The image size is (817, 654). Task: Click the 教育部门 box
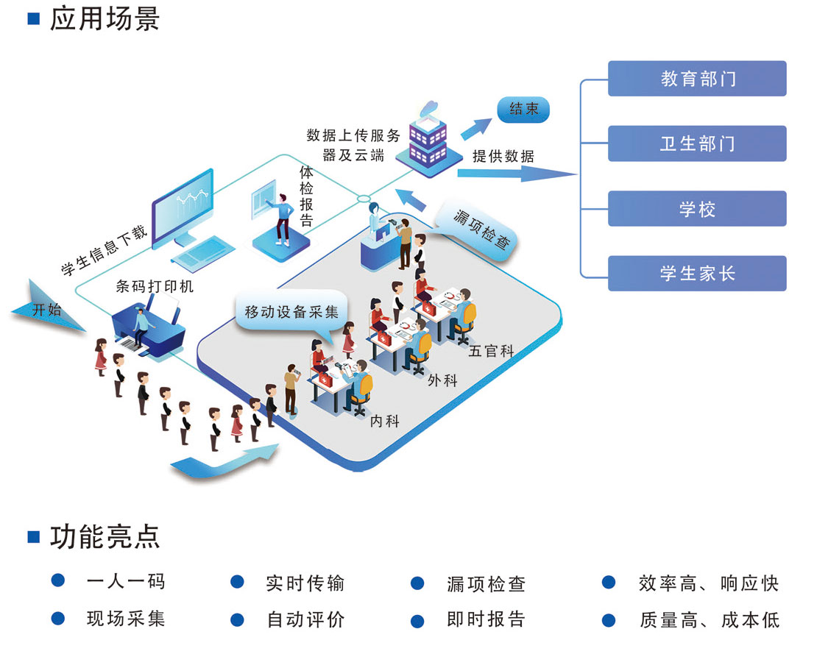pos(697,79)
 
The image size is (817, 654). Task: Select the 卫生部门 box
pos(697,143)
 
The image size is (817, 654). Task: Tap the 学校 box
pos(697,209)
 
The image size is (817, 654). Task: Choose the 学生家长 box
pos(697,274)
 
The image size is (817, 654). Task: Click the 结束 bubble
pos(523,110)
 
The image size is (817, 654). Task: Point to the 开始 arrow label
pos(46,310)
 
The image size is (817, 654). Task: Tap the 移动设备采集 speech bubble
pos(291,311)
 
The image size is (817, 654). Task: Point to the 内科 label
pos(384,421)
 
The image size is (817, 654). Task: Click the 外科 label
pos(442,380)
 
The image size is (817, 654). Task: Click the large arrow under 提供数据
pos(515,174)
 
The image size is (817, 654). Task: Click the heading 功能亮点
pos(104,536)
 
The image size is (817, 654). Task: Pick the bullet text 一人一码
pos(126,582)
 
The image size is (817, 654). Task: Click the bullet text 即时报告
pos(487,619)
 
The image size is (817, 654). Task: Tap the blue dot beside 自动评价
pos(237,619)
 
